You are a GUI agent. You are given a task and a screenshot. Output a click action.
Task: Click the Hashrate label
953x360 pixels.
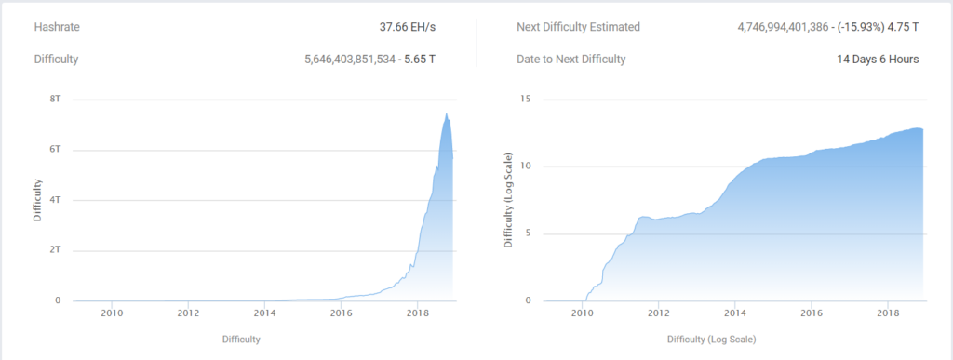pos(56,28)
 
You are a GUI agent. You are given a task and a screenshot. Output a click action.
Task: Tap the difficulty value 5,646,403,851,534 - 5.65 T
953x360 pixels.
pos(369,60)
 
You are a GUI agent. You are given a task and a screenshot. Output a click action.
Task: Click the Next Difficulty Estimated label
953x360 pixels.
pos(578,28)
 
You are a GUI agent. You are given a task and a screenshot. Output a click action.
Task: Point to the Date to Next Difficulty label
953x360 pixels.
pos(570,60)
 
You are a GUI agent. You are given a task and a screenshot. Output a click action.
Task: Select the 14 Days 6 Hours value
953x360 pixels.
pos(878,60)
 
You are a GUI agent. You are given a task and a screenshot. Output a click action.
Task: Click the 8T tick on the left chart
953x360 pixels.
pos(57,100)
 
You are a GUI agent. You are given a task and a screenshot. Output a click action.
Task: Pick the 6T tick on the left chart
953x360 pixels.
pos(57,150)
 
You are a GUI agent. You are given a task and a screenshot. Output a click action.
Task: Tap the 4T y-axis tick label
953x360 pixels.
pos(57,200)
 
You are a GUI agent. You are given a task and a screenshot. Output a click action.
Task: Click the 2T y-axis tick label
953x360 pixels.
pos(57,250)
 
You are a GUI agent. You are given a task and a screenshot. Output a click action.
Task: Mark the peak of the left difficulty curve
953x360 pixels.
pos(447,114)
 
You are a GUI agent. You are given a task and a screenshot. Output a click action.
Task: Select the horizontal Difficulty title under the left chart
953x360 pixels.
pos(241,340)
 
